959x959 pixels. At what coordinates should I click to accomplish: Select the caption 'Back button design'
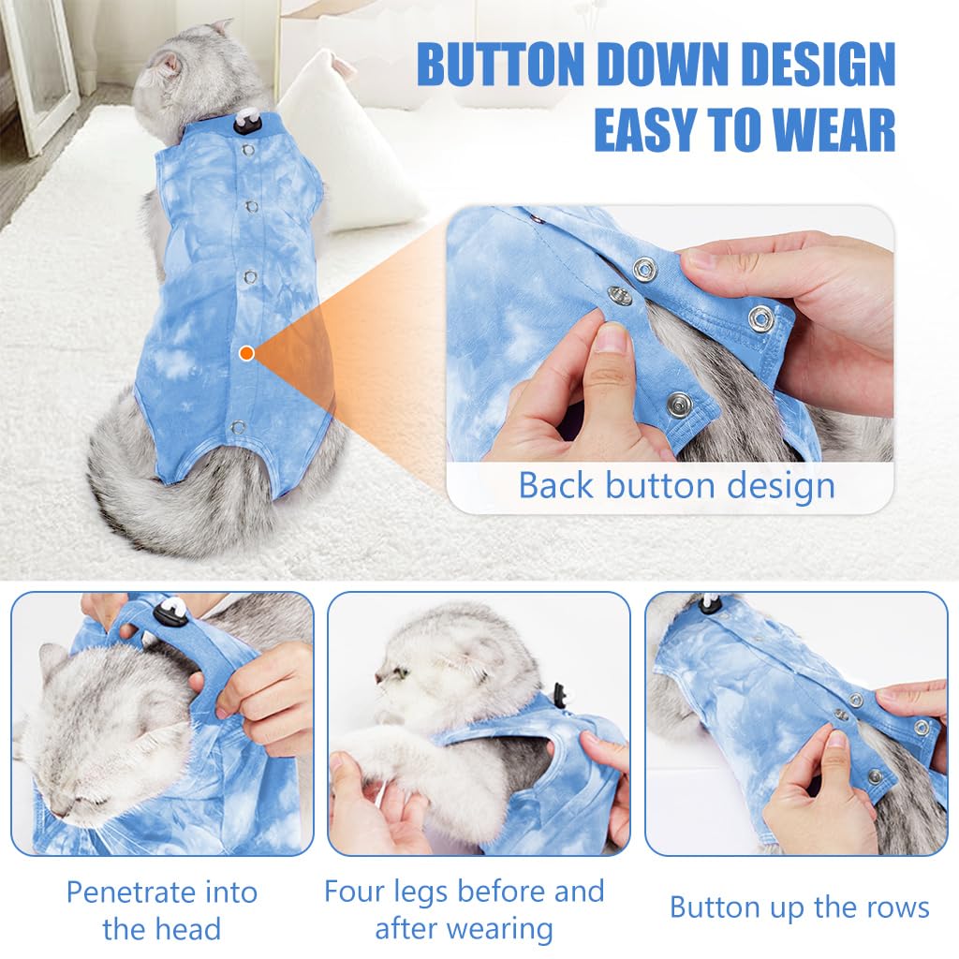click(x=676, y=486)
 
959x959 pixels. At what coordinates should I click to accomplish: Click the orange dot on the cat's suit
click(x=246, y=353)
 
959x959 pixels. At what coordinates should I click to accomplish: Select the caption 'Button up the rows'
click(x=799, y=907)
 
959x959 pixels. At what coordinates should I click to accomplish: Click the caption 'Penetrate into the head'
click(x=161, y=910)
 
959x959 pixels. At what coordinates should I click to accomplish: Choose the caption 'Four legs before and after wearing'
click(x=464, y=909)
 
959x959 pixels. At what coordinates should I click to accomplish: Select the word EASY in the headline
click(x=656, y=130)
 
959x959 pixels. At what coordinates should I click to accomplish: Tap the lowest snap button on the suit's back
click(x=238, y=427)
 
